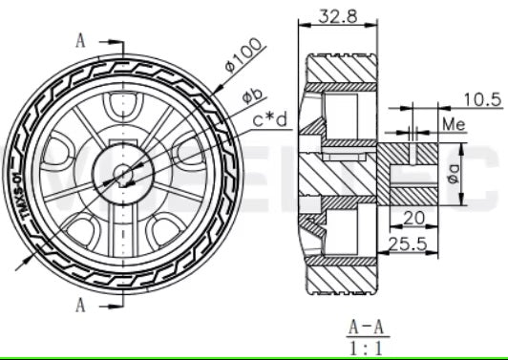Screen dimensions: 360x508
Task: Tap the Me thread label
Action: pyautogui.click(x=454, y=125)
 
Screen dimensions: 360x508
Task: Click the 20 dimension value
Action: pyautogui.click(x=413, y=217)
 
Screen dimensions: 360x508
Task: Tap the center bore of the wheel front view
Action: pyautogui.click(x=125, y=173)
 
